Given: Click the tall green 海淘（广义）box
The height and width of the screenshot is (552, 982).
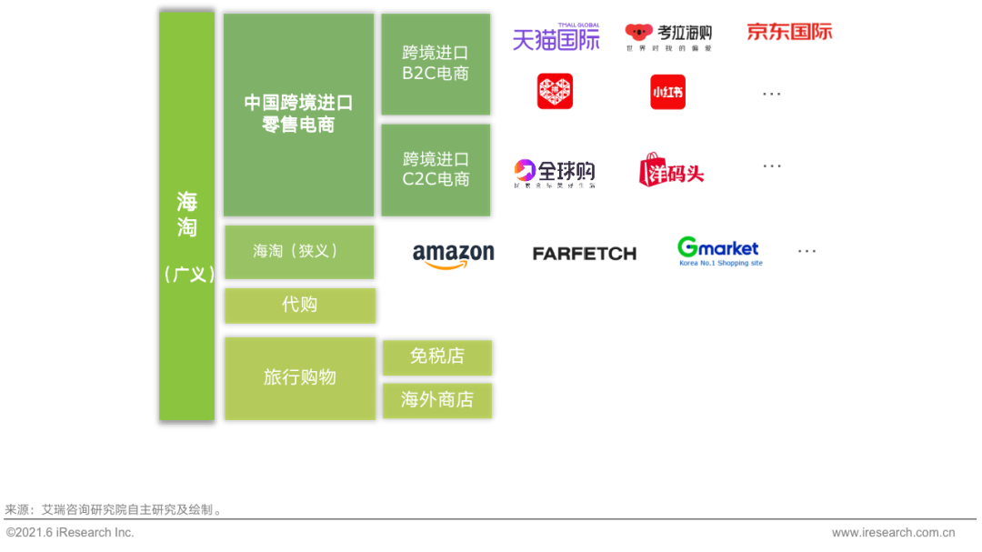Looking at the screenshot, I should (186, 216).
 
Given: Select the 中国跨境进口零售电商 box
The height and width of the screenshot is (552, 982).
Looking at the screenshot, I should (298, 115).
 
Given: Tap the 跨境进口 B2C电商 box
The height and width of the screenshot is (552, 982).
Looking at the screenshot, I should (436, 64).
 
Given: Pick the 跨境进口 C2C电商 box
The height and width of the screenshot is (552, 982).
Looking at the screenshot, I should (436, 169).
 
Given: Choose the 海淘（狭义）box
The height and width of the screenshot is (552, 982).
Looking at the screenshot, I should (298, 251).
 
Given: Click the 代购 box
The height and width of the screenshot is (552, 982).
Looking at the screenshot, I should (299, 305).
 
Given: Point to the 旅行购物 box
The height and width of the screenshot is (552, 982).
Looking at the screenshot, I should (299, 377).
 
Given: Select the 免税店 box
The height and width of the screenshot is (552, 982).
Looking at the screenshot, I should (436, 356).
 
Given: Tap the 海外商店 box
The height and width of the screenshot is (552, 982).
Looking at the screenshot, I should (436, 399).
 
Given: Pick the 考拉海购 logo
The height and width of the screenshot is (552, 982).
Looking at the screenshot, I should (669, 37).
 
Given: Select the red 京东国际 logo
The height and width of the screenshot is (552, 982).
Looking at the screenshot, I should (789, 32).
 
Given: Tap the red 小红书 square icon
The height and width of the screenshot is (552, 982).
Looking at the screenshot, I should (667, 92).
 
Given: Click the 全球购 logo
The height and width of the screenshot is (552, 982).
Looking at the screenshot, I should (555, 173).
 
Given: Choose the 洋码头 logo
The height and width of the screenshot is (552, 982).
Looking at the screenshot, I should (671, 170).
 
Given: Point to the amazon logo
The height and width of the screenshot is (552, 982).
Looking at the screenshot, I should (453, 256).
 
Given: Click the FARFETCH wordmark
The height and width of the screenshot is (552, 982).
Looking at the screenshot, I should (584, 254).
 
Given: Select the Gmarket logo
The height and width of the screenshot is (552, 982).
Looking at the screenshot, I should (719, 251).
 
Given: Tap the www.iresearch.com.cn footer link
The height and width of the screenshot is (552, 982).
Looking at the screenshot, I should (893, 533).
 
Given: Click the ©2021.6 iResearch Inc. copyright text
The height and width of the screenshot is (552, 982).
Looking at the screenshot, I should (70, 532).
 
